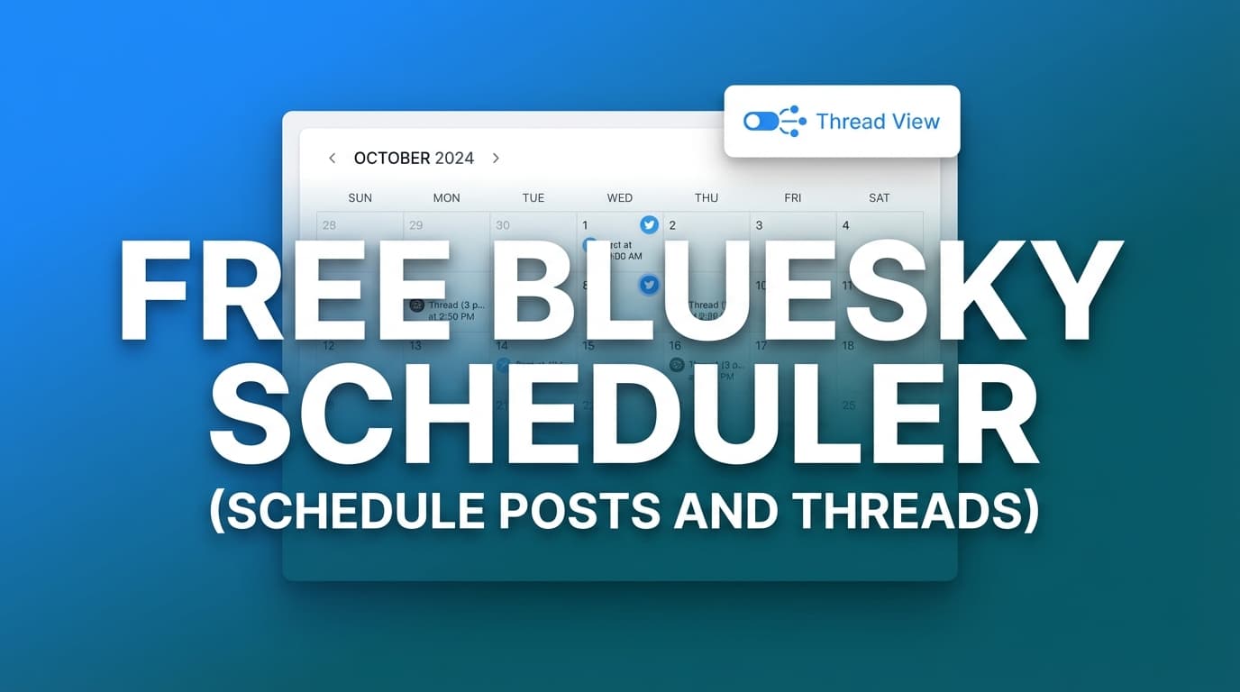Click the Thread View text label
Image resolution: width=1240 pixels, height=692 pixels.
click(878, 122)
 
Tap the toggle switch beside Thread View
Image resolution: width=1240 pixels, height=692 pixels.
click(761, 122)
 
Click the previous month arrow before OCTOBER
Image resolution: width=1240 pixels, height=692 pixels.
click(332, 159)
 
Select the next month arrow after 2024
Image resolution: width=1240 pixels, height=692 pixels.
click(496, 159)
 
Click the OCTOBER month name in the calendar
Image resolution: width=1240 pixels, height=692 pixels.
click(392, 159)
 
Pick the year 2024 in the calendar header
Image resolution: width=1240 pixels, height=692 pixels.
click(454, 159)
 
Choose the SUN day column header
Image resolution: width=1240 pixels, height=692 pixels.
click(360, 198)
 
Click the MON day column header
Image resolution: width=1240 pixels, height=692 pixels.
click(446, 198)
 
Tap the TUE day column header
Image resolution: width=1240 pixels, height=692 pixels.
click(533, 198)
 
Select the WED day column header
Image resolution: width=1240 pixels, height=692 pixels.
click(620, 198)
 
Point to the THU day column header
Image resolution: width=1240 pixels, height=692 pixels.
click(707, 198)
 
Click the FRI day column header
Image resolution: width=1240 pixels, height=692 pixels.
click(793, 198)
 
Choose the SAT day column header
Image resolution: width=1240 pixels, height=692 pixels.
click(880, 198)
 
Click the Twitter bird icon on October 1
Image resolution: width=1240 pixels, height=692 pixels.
click(649, 225)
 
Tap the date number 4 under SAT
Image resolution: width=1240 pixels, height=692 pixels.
click(845, 225)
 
